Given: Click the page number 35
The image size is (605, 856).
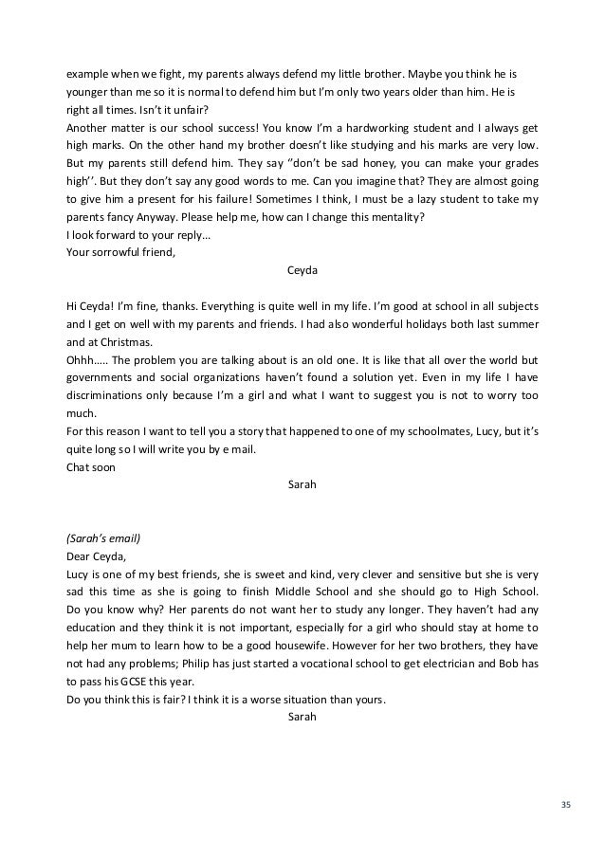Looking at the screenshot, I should tap(566, 805).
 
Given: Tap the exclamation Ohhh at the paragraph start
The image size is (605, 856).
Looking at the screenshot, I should tap(82, 360).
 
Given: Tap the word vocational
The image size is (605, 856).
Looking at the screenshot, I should tap(350, 665).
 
